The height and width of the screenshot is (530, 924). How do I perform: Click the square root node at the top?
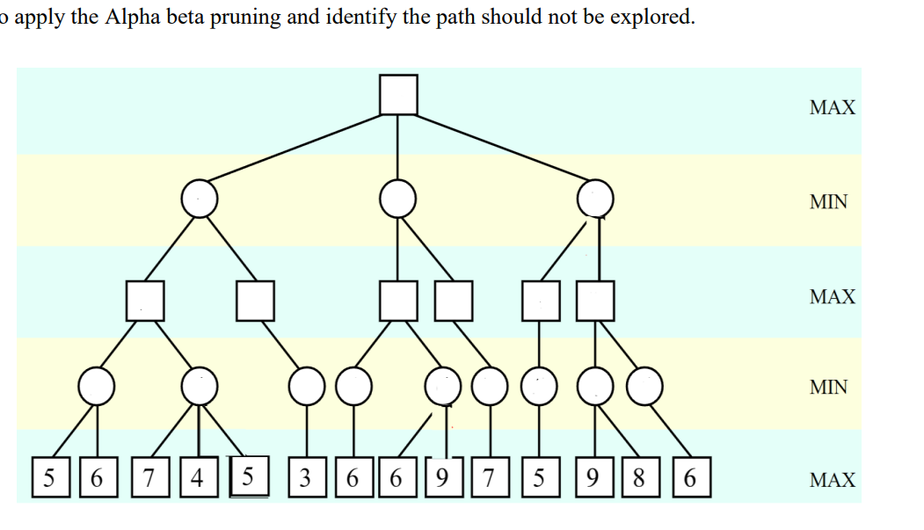(398, 95)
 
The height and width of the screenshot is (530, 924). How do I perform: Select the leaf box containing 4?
(198, 479)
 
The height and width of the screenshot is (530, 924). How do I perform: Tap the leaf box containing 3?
(305, 479)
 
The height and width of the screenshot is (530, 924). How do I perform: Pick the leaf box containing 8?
(639, 479)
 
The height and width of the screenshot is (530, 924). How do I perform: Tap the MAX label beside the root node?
(832, 108)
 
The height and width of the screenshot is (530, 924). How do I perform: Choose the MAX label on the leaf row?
(832, 480)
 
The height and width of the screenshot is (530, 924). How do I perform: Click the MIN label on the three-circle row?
(828, 202)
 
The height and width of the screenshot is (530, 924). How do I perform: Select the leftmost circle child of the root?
(200, 200)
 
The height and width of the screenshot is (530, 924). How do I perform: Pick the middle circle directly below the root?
(398, 200)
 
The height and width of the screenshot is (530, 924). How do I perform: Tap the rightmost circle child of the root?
(595, 200)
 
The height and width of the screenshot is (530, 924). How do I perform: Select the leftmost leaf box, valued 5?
(49, 479)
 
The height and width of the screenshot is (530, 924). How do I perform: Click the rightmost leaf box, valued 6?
(689, 479)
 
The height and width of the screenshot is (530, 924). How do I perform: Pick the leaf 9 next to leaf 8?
(592, 479)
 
